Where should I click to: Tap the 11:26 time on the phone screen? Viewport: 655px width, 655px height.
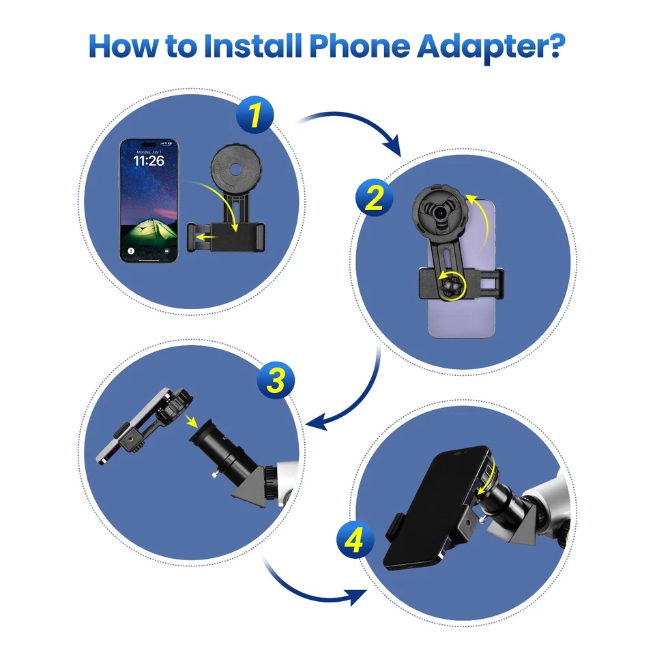(x=148, y=161)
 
